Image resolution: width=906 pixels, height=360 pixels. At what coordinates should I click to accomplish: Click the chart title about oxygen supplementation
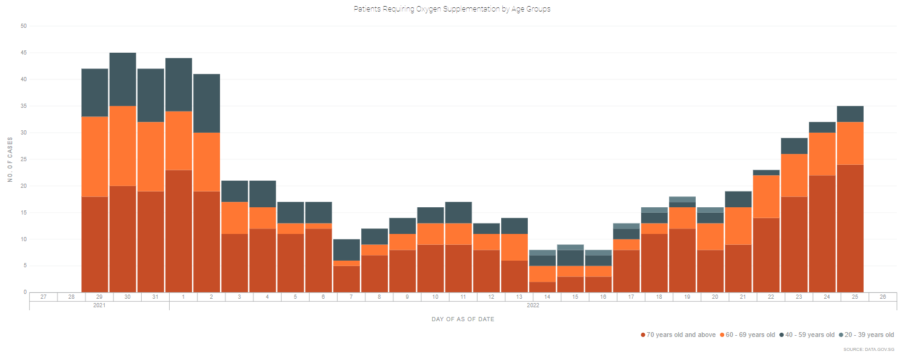(452, 9)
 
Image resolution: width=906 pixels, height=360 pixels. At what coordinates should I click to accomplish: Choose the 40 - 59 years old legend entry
(807, 335)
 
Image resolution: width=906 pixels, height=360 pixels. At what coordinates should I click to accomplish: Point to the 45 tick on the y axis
(24, 53)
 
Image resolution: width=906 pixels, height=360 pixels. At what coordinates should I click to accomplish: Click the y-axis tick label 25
(24, 159)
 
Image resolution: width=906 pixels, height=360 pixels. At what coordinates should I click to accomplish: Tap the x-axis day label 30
(127, 297)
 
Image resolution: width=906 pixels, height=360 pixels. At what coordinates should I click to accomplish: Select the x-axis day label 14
(547, 297)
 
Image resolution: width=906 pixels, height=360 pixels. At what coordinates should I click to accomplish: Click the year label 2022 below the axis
(533, 305)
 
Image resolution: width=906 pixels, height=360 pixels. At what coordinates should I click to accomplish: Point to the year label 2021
(99, 305)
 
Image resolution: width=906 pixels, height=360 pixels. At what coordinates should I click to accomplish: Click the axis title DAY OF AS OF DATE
(462, 319)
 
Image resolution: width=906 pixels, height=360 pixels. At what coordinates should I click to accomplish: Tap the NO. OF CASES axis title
(10, 159)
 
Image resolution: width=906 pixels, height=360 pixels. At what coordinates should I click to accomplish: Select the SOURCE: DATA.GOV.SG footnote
(868, 350)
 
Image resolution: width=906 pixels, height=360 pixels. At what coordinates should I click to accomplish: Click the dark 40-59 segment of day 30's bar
(122, 79)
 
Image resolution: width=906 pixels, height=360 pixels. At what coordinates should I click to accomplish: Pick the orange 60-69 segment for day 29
(95, 156)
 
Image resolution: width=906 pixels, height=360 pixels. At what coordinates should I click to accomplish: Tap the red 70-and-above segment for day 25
(850, 228)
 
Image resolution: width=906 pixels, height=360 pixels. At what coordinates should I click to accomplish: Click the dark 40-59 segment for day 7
(347, 250)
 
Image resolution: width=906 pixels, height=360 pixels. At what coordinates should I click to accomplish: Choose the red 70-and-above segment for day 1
(179, 231)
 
